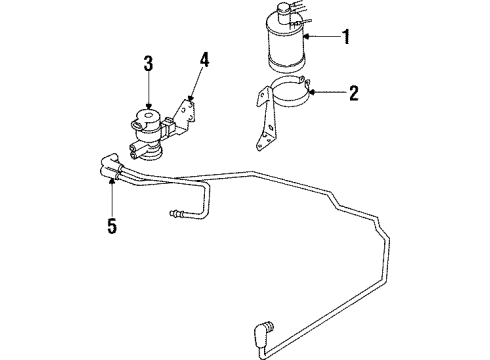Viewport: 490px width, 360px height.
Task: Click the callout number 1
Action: point(347,39)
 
